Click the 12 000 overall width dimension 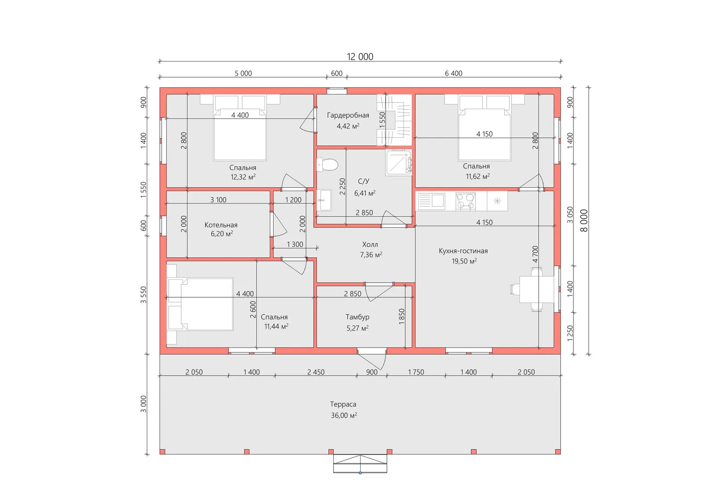tap(360, 57)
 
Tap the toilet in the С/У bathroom tap(328, 164)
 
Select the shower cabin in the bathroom tap(399, 163)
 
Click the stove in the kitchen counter tap(465, 201)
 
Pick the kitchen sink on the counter tap(431, 201)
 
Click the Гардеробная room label tap(348, 115)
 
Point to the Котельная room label tap(221, 225)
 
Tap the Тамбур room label tap(357, 317)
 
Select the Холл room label tap(370, 245)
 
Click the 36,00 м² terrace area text tap(344, 415)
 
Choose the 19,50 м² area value tap(464, 261)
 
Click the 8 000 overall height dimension tap(584, 220)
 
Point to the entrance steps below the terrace tap(360, 463)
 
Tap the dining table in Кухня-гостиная tap(536, 289)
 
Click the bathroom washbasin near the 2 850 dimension tap(324, 200)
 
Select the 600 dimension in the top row tap(336, 73)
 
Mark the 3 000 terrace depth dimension tap(143, 404)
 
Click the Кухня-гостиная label tap(463, 251)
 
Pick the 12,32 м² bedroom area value tap(243, 177)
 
